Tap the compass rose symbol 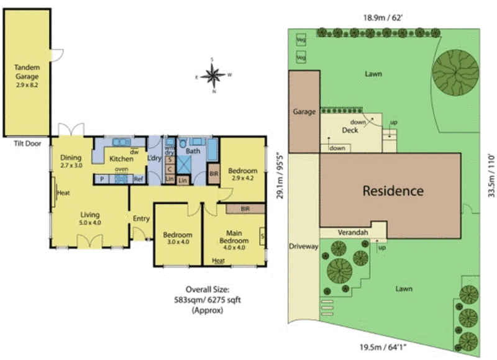point(213,75)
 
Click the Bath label point(193,151)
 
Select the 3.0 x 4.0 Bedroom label point(178,239)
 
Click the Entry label point(141,218)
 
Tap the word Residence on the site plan point(393,191)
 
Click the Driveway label point(304,246)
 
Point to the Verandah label point(352,232)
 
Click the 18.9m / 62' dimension point(382,18)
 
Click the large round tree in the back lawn point(457,72)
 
